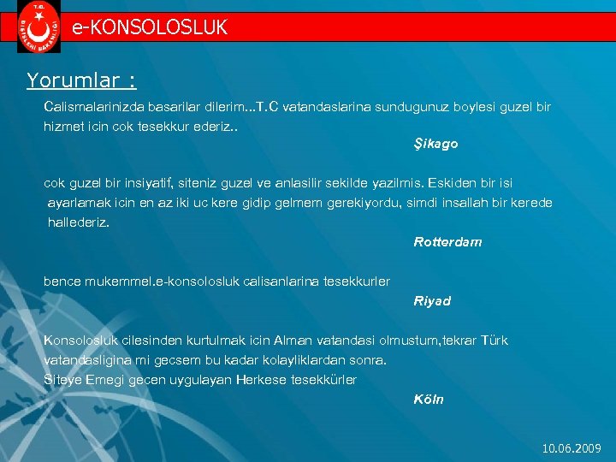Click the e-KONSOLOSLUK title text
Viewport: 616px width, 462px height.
tap(150, 27)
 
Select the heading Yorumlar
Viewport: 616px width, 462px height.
tap(80, 80)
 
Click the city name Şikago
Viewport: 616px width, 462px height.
tap(435, 144)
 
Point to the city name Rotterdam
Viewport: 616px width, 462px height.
tap(447, 242)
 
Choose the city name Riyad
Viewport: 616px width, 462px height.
tap(432, 301)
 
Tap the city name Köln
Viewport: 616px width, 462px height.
tap(429, 400)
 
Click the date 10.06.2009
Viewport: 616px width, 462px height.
tap(572, 448)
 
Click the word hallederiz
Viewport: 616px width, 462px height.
tap(80, 222)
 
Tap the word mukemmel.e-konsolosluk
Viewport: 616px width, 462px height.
tap(161, 281)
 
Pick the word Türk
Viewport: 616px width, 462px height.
tap(494, 341)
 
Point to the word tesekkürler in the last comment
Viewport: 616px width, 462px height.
tap(323, 379)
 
